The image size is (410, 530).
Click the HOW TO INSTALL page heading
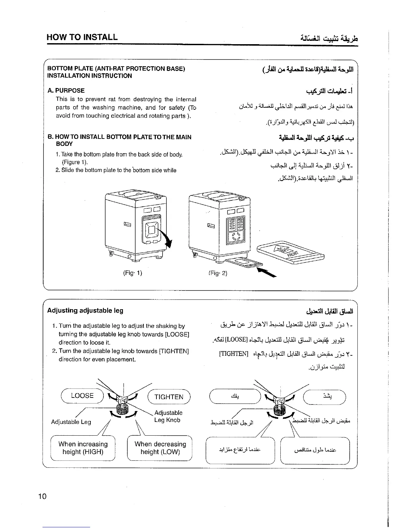click(82, 37)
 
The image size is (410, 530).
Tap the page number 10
click(42, 496)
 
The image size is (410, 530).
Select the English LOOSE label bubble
click(82, 396)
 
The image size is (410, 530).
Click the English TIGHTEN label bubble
click(169, 397)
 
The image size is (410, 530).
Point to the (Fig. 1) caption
click(133, 273)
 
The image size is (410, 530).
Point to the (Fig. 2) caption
click(218, 273)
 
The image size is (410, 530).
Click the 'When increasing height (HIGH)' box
click(83, 448)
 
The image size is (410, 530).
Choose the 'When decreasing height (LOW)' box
click(160, 448)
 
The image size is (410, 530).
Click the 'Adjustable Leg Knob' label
click(168, 416)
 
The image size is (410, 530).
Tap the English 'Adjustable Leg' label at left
click(71, 422)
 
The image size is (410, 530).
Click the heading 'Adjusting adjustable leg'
click(85, 311)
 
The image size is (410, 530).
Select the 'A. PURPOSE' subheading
click(66, 90)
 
